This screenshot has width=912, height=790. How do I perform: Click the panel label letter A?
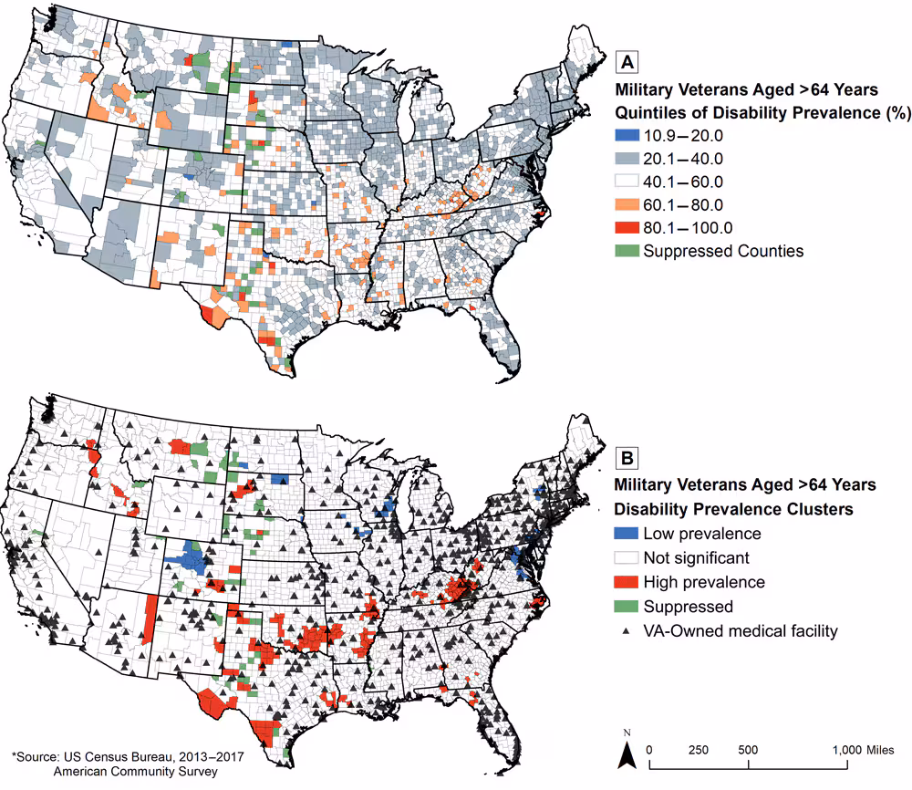627,62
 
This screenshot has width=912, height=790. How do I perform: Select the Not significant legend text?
696,557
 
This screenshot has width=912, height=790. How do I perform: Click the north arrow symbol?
627,754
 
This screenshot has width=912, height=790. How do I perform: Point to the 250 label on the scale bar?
698,749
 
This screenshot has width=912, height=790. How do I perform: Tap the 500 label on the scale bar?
748,749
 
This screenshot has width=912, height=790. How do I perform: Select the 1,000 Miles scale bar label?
865,749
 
